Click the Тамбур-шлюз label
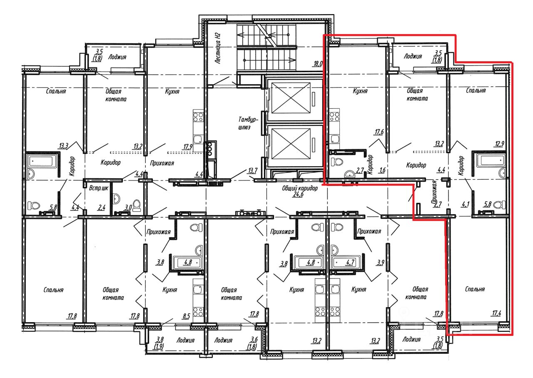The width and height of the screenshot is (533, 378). pyautogui.click(x=248, y=123)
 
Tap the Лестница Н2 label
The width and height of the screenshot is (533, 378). pyautogui.click(x=218, y=48)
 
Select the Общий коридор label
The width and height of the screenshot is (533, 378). pyautogui.click(x=299, y=188)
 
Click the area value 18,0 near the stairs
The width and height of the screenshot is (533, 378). pyautogui.click(x=318, y=64)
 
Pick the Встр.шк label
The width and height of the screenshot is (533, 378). pyautogui.click(x=99, y=188)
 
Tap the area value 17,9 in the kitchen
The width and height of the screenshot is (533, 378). pyautogui.click(x=188, y=146)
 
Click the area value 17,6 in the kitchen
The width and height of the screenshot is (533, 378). pyautogui.click(x=379, y=132)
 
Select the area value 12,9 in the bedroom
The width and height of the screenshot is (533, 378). pyautogui.click(x=499, y=144)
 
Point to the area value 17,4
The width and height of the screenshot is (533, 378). pyautogui.click(x=496, y=313)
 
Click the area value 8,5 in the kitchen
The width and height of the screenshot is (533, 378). pyautogui.click(x=187, y=316)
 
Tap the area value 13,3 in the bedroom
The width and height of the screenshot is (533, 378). pyautogui.click(x=64, y=145)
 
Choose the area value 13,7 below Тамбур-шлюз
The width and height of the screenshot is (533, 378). pyautogui.click(x=253, y=170)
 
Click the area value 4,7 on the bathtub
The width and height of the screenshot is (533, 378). pyautogui.click(x=351, y=262)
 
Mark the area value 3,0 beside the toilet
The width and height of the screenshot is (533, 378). pyautogui.click(x=128, y=208)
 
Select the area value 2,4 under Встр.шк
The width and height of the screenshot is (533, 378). pyautogui.click(x=102, y=208)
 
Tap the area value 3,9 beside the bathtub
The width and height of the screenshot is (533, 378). pyautogui.click(x=380, y=263)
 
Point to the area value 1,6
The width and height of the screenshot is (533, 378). pyautogui.click(x=383, y=170)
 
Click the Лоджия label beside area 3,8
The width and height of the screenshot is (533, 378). pyautogui.click(x=185, y=340)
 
